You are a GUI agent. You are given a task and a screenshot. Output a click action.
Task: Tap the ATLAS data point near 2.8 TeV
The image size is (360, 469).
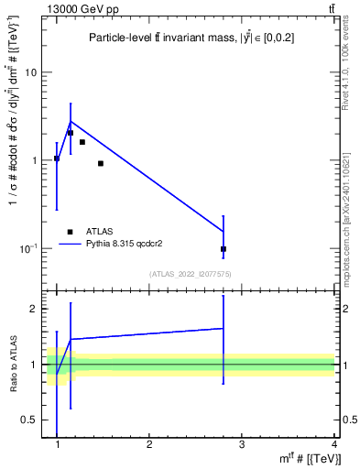pyautogui.click(x=224, y=249)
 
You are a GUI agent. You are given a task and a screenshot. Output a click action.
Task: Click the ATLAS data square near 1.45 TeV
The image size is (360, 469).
pyautogui.click(x=100, y=163)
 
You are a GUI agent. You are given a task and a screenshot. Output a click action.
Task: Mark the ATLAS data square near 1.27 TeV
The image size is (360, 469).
pyautogui.click(x=82, y=142)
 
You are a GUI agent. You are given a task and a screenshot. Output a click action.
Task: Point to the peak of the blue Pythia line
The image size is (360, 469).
pyautogui.click(x=71, y=121)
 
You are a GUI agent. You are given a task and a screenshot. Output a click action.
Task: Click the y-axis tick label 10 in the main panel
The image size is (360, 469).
pyautogui.click(x=31, y=72)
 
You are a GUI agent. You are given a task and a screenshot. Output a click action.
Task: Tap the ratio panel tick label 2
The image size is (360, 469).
pyautogui.click(x=34, y=309)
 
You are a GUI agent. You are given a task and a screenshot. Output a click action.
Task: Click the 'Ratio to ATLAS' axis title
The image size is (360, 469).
pyautogui.click(x=14, y=365)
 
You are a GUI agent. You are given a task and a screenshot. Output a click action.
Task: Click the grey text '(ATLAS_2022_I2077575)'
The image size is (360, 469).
pyautogui.click(x=190, y=273)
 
